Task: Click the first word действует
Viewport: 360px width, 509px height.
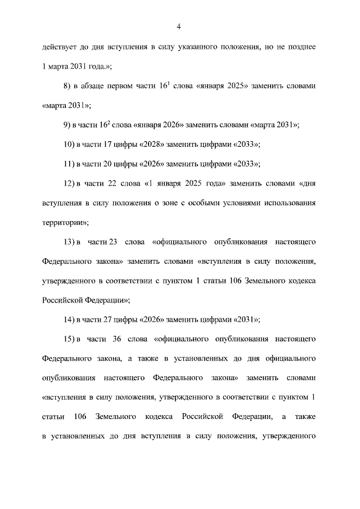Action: point(58,48)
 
